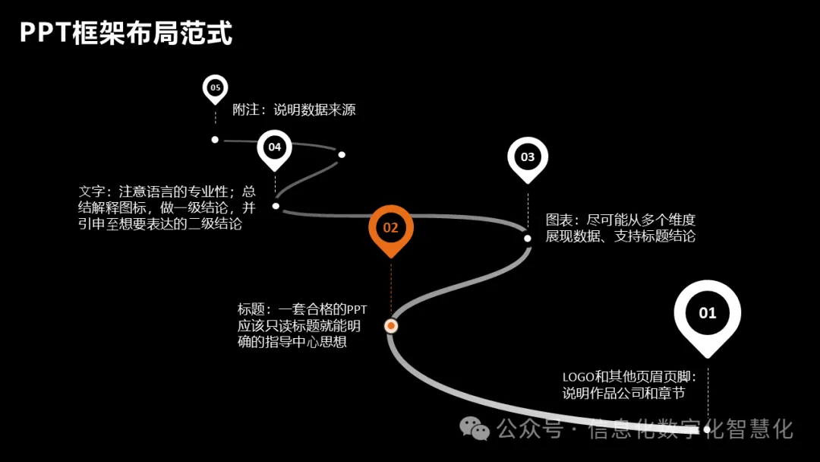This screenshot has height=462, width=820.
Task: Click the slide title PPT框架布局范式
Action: pos(125,33)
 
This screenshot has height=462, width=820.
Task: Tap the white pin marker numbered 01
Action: pos(707,313)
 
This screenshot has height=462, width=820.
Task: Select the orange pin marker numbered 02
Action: pos(390,227)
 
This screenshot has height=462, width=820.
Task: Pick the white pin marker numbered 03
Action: pos(528,157)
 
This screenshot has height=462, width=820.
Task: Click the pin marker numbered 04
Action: pos(274,147)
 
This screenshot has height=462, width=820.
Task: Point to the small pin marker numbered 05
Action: pos(215,88)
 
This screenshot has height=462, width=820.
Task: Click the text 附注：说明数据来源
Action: pos(294,109)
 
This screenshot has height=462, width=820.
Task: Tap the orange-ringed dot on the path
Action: pos(391,326)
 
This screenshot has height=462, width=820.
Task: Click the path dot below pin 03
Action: pos(528,238)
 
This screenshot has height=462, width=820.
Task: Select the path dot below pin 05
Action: pos(215,139)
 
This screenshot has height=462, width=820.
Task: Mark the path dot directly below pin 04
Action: pos(276,206)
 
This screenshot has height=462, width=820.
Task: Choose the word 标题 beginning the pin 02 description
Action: pos(251,309)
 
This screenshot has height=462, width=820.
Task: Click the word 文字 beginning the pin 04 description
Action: pos(92,191)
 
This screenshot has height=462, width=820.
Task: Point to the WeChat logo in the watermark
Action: pos(476,430)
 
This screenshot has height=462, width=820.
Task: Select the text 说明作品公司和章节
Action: pos(623,393)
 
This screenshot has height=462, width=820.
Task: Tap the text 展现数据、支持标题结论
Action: pos(620,236)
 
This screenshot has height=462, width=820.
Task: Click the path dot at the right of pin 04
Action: pos(342,154)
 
